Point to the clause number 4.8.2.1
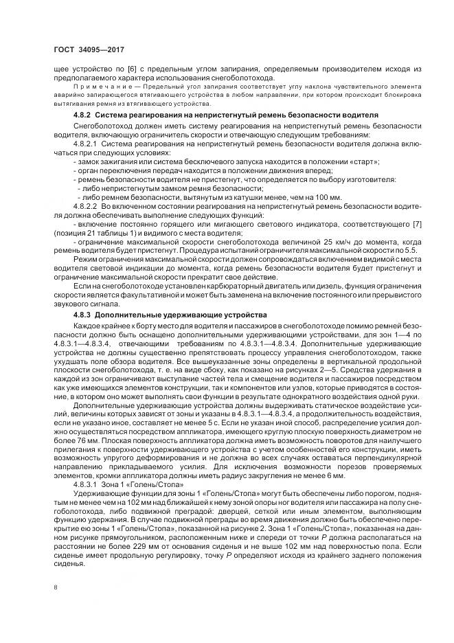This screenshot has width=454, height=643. pyautogui.click(x=87, y=144)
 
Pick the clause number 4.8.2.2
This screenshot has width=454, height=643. pyautogui.click(x=87, y=205)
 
